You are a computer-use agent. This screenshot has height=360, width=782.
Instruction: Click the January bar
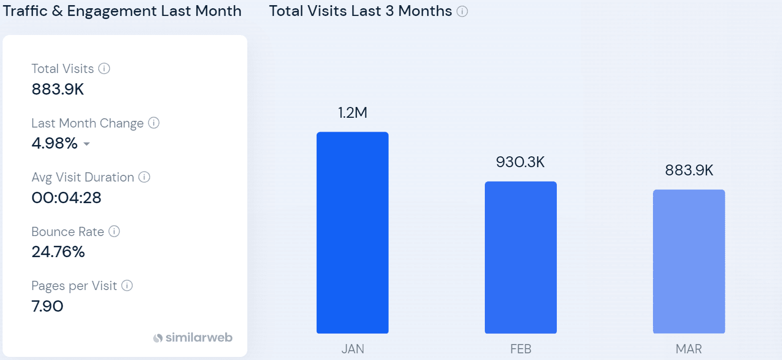coord(352,232)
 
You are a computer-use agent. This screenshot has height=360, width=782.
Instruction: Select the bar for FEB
coord(520,257)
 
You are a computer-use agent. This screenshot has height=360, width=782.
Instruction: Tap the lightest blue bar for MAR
coord(688,261)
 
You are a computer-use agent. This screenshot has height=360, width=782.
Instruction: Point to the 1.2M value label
coord(352,113)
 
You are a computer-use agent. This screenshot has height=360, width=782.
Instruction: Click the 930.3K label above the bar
coord(520,162)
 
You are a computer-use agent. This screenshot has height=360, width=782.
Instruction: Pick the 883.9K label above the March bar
coord(688,170)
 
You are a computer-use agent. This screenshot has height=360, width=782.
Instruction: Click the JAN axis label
coord(353,349)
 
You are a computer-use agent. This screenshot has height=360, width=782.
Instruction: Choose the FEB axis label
coord(520,349)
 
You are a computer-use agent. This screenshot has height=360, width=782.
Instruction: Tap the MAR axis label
coord(688,349)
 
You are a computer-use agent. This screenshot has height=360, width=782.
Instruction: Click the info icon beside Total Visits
coord(104,68)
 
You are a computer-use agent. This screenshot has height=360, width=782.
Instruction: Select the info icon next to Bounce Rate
coord(115,231)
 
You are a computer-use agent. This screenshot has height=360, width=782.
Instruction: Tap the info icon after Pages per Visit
coord(127,285)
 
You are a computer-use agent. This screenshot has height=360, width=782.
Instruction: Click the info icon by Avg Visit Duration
coord(144,177)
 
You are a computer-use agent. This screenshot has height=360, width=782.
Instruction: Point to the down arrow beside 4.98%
coord(86,145)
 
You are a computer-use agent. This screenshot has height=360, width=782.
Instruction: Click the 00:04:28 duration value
coord(66,197)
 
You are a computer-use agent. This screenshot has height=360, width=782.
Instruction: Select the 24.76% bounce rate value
coord(58,252)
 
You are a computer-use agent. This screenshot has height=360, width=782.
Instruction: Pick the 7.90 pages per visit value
coord(47,307)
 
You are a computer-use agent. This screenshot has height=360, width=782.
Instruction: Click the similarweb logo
coord(193,338)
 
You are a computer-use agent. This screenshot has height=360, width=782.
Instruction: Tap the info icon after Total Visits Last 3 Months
coord(462,11)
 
